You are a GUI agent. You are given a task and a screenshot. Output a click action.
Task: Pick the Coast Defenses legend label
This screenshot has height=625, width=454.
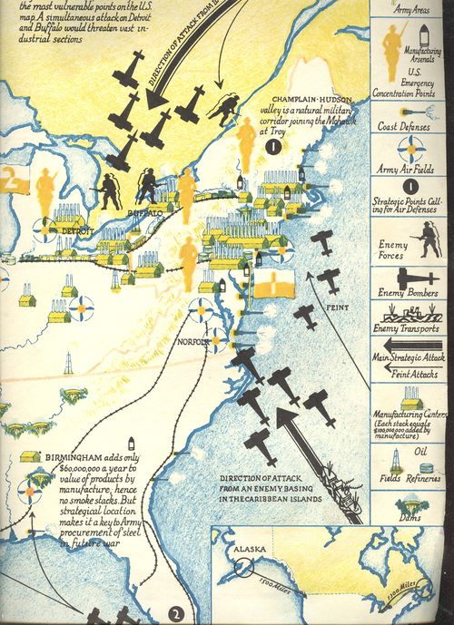pyautogui.click(x=401, y=127)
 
